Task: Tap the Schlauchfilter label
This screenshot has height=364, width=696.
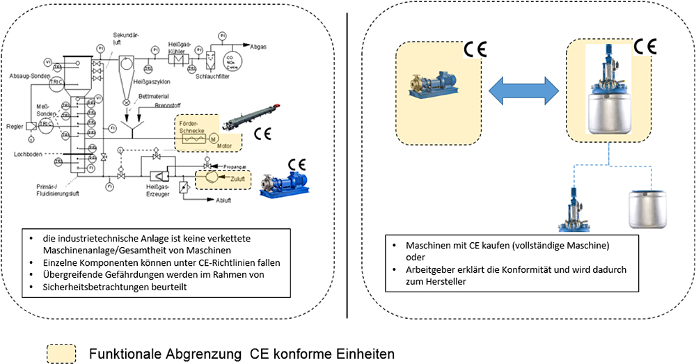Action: click(212, 75)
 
